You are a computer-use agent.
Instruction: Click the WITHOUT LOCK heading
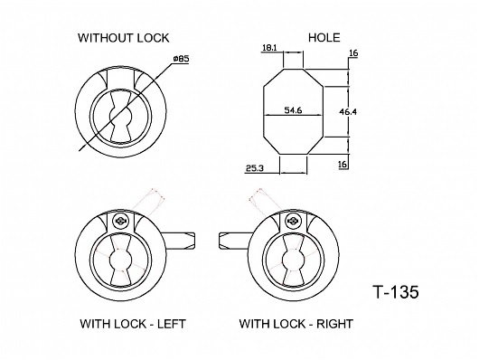click(x=124, y=38)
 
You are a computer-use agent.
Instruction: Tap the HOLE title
click(x=324, y=38)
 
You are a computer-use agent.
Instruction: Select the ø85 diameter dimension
click(x=181, y=59)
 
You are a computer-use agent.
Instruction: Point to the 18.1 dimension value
click(x=269, y=48)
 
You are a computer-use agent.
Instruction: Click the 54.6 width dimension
click(x=293, y=110)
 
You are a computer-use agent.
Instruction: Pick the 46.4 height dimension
click(x=348, y=112)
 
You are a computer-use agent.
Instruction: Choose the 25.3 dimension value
click(x=255, y=168)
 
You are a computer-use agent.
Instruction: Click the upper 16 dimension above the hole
click(x=353, y=53)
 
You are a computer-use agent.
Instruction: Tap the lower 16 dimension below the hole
click(x=343, y=165)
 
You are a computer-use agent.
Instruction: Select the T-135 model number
click(x=396, y=292)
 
